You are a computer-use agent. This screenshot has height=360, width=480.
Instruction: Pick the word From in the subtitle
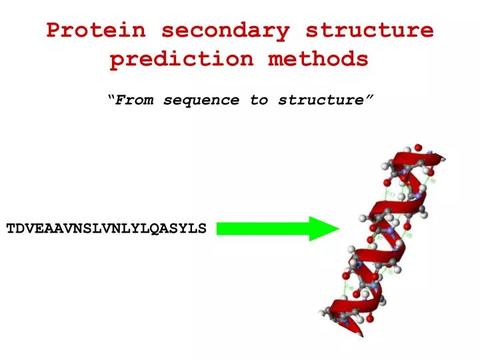coord(137,100)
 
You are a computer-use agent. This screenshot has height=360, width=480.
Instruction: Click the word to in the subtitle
coord(259,100)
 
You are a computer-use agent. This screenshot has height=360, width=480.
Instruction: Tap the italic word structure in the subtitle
coord(321,100)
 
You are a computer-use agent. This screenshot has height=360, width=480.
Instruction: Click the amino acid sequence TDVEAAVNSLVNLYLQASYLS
coord(107,229)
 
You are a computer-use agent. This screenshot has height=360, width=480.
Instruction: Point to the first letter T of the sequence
coord(11,229)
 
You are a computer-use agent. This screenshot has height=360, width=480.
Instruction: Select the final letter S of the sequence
coord(203,229)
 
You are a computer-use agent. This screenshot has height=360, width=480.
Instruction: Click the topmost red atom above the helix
coord(418,147)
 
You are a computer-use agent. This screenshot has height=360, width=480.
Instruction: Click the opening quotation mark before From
coord(111,98)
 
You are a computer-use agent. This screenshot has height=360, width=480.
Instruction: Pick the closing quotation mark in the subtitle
coord(369,98)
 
